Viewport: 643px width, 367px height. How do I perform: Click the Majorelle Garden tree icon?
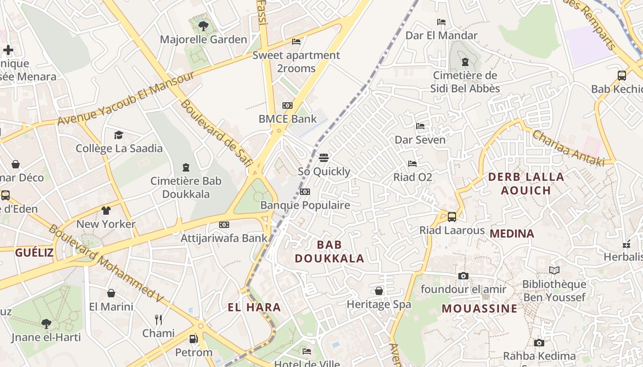203,26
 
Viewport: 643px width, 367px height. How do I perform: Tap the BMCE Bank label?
288,119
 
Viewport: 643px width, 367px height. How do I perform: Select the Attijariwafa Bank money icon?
224,225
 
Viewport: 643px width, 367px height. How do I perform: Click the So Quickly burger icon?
324,158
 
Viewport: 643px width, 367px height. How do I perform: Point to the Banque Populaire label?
305,205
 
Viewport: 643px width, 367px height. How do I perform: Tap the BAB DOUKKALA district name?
329,251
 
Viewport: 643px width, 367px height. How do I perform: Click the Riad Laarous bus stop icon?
452,217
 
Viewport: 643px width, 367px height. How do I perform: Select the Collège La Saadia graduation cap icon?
119,135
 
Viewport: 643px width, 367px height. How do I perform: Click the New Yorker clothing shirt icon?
106,211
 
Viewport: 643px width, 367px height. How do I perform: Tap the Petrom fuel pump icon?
194,339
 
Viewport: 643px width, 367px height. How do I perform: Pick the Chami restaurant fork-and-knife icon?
158,320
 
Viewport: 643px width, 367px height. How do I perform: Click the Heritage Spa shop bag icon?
379,291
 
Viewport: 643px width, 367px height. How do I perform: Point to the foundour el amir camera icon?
463,276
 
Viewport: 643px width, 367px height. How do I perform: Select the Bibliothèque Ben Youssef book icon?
554,271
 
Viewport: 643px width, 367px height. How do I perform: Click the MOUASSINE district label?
479,308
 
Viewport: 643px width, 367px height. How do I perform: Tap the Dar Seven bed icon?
420,126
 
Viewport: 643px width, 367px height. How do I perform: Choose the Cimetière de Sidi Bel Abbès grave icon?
465,62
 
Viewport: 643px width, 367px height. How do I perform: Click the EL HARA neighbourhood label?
254,307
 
